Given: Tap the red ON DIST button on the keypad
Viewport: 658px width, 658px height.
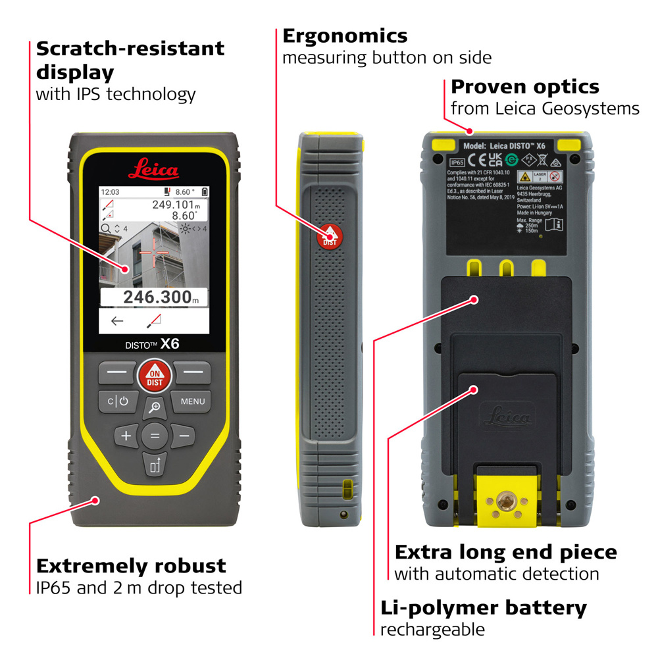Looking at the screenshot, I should coord(154,375).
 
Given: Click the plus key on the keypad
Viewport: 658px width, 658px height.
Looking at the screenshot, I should coord(126,436).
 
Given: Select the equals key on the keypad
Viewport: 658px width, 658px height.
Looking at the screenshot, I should coord(155,436).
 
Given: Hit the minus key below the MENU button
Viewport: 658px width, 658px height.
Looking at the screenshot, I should coord(184,436).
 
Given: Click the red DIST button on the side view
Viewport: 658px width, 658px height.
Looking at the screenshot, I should coord(330,237).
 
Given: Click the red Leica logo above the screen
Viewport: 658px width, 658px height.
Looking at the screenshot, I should coord(153,171).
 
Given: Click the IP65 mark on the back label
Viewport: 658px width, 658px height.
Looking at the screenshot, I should coord(457,161).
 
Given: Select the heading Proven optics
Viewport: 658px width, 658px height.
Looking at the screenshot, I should coord(524,87).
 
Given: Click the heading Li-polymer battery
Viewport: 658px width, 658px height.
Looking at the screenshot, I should coord(483,607).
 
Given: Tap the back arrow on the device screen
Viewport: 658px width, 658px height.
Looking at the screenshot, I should coord(117,321).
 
